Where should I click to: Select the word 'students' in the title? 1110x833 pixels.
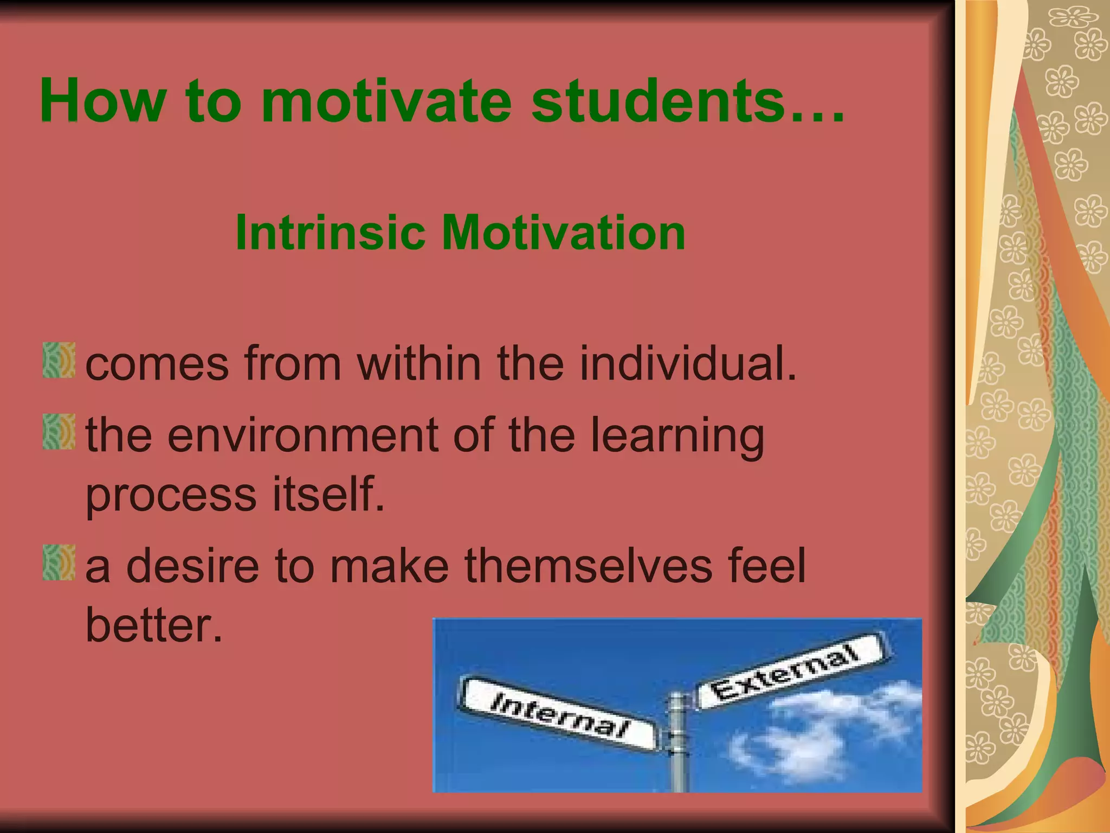[659, 101]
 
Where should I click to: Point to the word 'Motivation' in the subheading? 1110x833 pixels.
[564, 233]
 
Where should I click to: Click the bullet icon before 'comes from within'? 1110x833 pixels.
[59, 360]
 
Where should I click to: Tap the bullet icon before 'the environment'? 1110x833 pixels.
[59, 432]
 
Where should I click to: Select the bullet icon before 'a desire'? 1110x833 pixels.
[59, 563]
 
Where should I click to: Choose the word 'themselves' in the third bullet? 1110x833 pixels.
[588, 566]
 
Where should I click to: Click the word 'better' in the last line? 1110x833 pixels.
[154, 625]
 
